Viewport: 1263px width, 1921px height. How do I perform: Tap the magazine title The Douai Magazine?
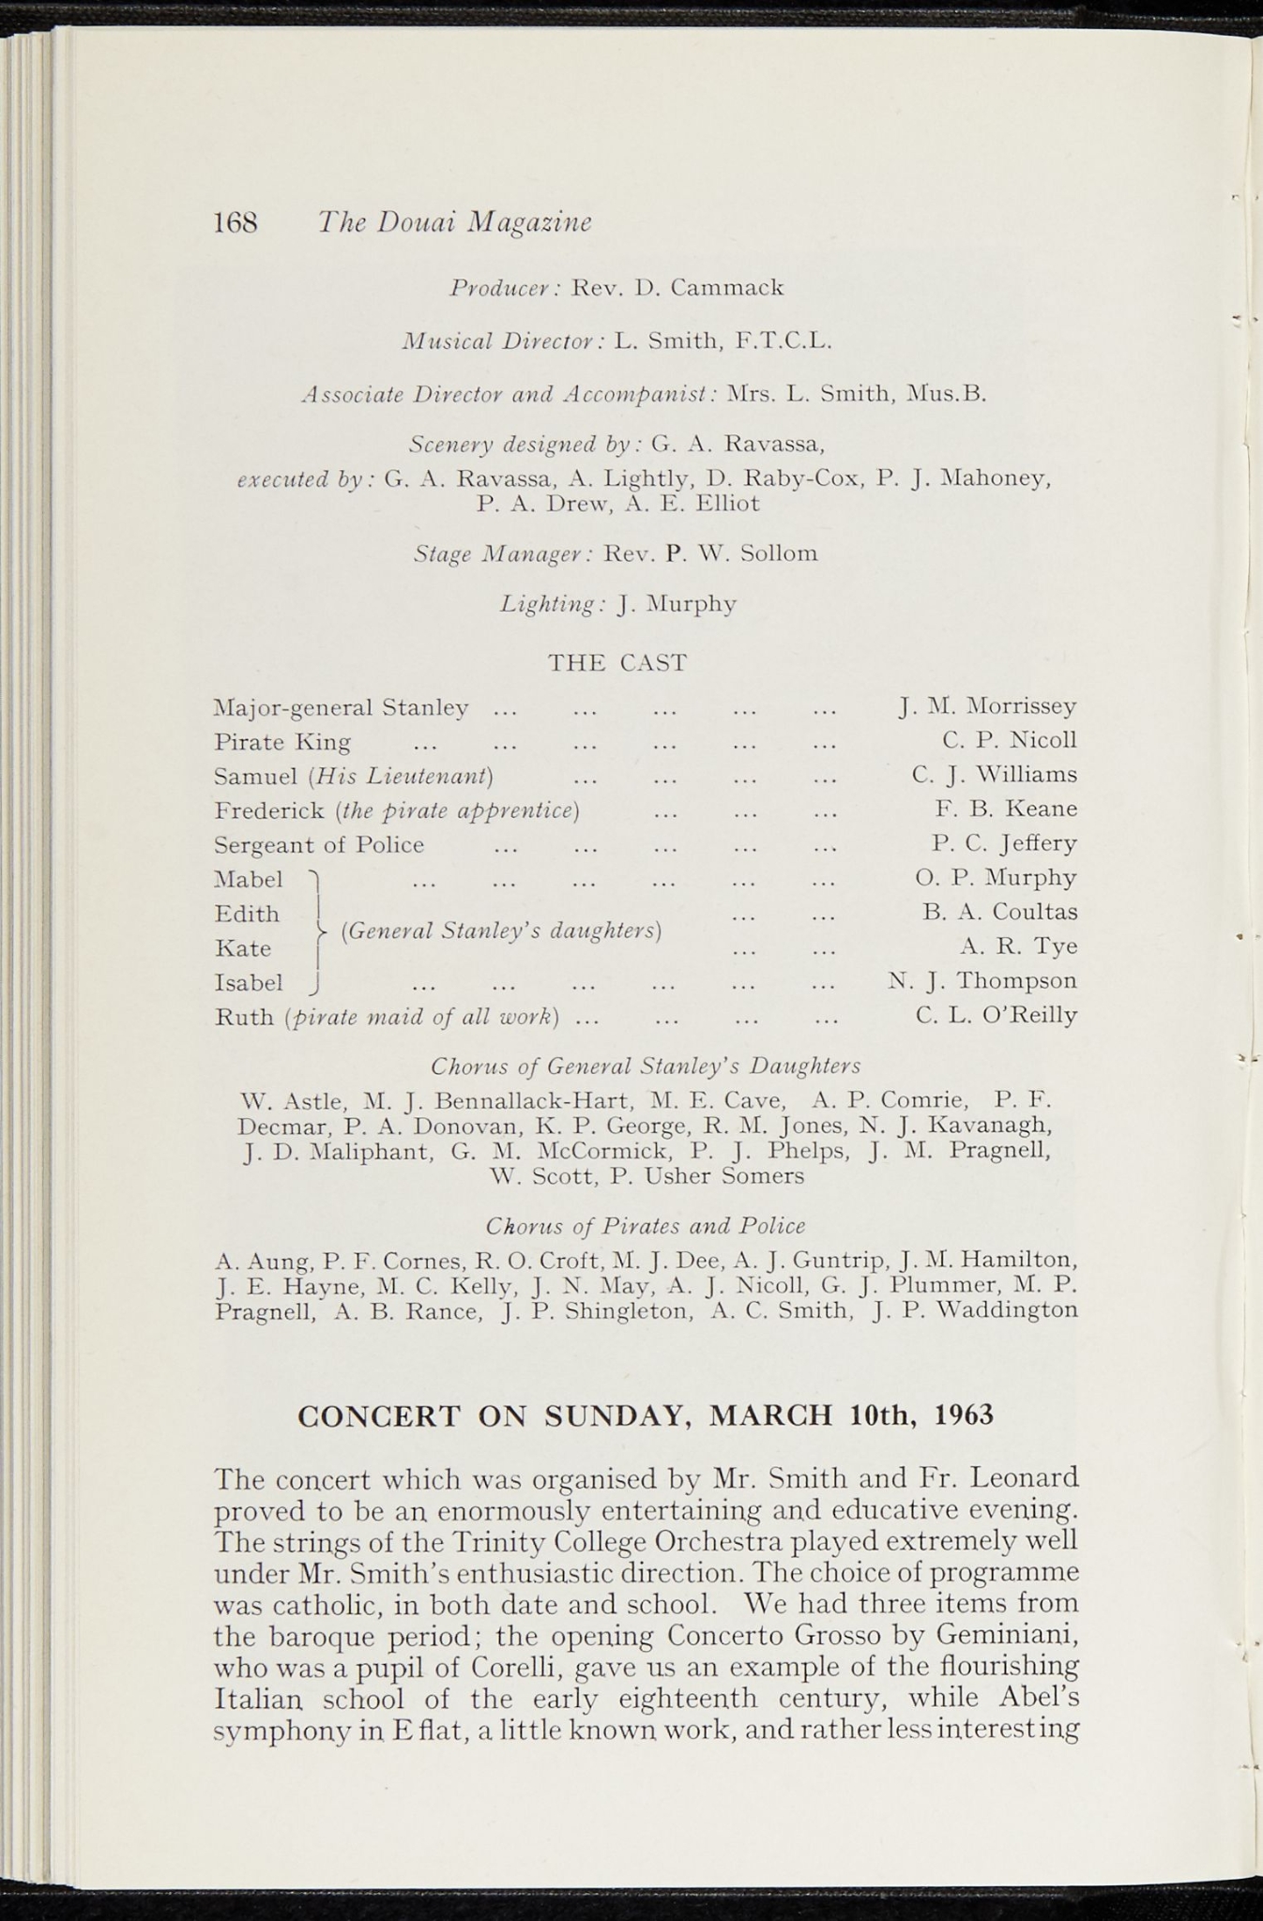click(x=454, y=222)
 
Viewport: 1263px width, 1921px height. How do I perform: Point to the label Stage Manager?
click(x=502, y=554)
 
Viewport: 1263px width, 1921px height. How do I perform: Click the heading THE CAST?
click(x=617, y=663)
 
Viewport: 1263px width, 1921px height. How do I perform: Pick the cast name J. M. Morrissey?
click(x=987, y=705)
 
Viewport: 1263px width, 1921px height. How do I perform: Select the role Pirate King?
click(x=282, y=743)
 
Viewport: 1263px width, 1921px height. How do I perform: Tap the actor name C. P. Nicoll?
click(x=1010, y=740)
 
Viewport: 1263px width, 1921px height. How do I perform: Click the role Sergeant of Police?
click(x=319, y=845)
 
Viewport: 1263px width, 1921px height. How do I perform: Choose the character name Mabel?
click(x=249, y=880)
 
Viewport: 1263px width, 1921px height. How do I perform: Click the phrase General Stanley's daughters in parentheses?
click(x=503, y=930)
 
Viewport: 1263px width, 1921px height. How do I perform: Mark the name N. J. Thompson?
click(x=982, y=981)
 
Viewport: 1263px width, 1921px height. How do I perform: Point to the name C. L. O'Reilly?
click(x=997, y=1016)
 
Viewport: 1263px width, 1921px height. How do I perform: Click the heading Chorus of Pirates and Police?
click(x=646, y=1226)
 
